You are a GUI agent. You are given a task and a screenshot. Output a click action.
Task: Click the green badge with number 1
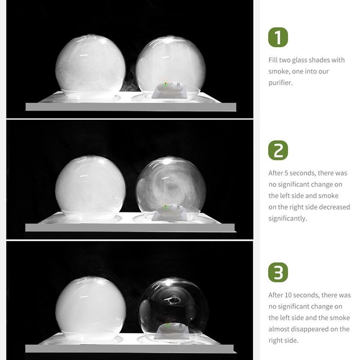pos(278,37)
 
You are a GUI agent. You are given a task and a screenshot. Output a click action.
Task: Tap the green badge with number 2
pos(278,150)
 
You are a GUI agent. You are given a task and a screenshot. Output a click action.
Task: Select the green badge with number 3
pos(278,272)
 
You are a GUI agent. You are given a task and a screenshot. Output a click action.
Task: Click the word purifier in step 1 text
pos(280,83)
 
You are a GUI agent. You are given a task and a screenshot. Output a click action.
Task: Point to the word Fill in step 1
pos(273,60)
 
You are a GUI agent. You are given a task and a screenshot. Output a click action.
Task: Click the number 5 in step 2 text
pos(286,173)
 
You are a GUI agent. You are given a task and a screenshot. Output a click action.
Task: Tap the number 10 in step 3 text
pos(288,295)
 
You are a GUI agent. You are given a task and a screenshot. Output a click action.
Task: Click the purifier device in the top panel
pos(170,88)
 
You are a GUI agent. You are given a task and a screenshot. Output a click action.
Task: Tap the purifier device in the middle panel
pos(170,210)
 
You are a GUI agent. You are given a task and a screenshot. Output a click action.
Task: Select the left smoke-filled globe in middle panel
pos(90,188)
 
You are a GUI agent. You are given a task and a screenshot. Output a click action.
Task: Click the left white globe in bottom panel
pos(90,309)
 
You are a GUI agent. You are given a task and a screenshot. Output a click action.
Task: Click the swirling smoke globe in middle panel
pos(171,189)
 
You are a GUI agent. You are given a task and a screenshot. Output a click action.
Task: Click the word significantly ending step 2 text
pos(288,218)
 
